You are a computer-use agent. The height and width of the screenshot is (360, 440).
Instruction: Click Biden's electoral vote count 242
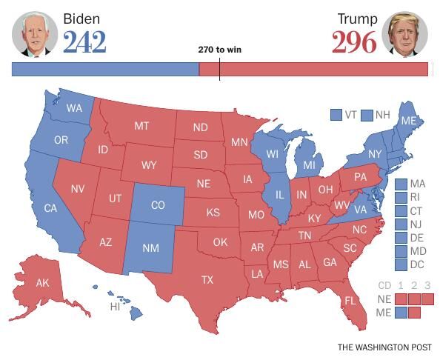[x=84, y=43]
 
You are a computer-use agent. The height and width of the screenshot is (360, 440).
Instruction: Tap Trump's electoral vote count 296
[x=354, y=43]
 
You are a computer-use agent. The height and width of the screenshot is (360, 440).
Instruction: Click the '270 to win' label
[x=219, y=50]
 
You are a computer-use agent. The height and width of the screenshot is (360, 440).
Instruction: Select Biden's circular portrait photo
[x=34, y=33]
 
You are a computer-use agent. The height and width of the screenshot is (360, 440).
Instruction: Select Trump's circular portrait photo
[x=404, y=33]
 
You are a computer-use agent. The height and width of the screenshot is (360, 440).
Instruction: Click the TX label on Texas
[x=207, y=280]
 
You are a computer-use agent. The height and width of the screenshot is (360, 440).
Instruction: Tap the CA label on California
[x=50, y=208]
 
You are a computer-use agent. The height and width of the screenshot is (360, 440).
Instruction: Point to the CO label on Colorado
[x=158, y=205]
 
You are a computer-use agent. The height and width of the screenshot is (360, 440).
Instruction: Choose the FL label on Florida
[x=350, y=301]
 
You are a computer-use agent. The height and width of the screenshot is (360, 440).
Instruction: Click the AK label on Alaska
[x=42, y=283]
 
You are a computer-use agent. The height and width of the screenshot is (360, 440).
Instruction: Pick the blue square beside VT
[x=336, y=115]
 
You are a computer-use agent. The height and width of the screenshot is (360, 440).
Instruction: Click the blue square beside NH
[x=367, y=115]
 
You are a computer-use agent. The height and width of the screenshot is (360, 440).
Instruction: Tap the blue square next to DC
[x=401, y=264]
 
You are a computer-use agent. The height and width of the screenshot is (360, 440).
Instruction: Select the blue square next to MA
[x=401, y=184]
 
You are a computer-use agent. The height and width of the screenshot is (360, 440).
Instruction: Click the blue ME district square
[x=401, y=312]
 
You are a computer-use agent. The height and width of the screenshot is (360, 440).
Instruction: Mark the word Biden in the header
[x=81, y=19]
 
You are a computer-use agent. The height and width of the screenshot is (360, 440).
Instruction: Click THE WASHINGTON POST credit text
[x=382, y=347]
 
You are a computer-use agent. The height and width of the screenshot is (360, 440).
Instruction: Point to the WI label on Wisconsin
[x=273, y=154]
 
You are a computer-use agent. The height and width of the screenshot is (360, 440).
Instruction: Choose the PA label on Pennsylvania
[x=361, y=177]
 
